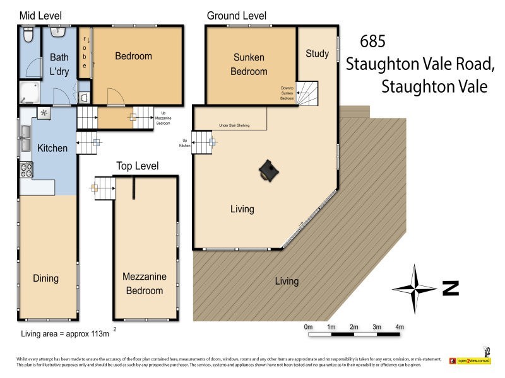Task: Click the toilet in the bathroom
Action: click(28, 35)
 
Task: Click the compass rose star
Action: click(415, 289)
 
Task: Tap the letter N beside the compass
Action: click(449, 289)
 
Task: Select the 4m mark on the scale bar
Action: click(399, 327)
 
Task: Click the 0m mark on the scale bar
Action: click(308, 327)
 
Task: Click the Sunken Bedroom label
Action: click(249, 64)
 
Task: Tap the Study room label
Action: click(317, 54)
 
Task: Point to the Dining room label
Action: click(45, 278)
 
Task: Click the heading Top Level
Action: click(137, 166)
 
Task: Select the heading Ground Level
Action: click(237, 16)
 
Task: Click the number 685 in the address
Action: click(372, 42)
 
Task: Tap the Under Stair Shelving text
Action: click(234, 125)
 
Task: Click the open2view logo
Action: click(470, 360)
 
